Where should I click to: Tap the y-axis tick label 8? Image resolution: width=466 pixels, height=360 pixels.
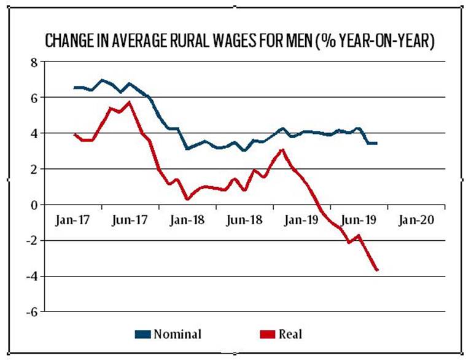pyautogui.click(x=34, y=62)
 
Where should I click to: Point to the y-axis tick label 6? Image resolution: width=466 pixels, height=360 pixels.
pyautogui.click(x=34, y=98)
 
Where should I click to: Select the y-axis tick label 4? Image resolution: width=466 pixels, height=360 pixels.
pyautogui.click(x=34, y=133)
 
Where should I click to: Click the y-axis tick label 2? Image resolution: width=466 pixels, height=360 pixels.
pyautogui.click(x=34, y=169)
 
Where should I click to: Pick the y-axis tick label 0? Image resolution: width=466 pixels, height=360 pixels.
pyautogui.click(x=34, y=205)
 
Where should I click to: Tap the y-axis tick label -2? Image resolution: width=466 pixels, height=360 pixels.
pyautogui.click(x=32, y=240)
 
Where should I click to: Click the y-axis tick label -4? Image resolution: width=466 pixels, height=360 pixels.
pyautogui.click(x=32, y=276)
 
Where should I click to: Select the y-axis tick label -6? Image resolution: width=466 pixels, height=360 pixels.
pyautogui.click(x=32, y=311)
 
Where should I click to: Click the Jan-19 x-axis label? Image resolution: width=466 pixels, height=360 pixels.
pyautogui.click(x=299, y=221)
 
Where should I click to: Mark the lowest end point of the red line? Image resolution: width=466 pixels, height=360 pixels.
pyautogui.click(x=377, y=270)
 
